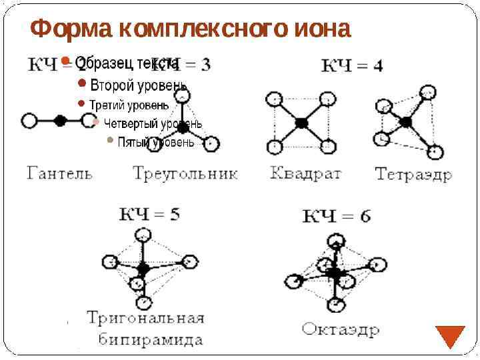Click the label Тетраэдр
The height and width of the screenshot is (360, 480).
pos(413,175)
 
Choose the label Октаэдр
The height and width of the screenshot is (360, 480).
pos(341,329)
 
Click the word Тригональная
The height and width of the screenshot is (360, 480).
pos(145,317)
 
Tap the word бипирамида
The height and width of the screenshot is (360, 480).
pos(151,339)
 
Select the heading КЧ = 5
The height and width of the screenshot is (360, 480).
pos(149,215)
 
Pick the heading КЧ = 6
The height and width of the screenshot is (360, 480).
pos(337,216)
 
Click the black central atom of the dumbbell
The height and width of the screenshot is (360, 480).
pos(60,121)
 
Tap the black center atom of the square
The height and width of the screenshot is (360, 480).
pos(301,123)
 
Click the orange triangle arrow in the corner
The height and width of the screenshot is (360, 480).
pos(450,336)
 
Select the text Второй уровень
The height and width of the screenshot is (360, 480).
pos(138,85)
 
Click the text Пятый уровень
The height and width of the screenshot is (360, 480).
pos(156,142)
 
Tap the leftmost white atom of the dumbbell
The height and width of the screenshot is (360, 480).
pos(29,121)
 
